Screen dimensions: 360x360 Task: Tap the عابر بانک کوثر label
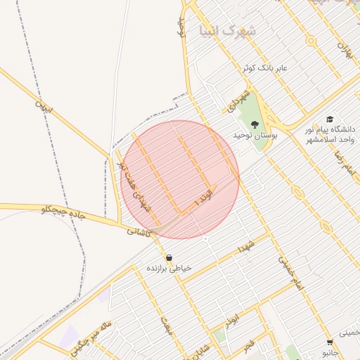pyautogui.click(x=265, y=68)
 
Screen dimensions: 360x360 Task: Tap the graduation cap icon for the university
pyautogui.click(x=329, y=120)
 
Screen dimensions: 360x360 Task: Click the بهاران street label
pyautogui.click(x=344, y=50)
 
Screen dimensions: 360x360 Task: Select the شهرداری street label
pyautogui.click(x=238, y=101)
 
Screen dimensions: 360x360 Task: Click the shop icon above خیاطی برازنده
pyautogui.click(x=169, y=257)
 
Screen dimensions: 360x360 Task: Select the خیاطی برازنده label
pyautogui.click(x=169, y=269)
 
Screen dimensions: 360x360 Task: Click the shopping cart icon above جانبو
pyautogui.click(x=329, y=342)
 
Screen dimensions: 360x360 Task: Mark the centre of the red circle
pyautogui.click(x=181, y=179)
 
